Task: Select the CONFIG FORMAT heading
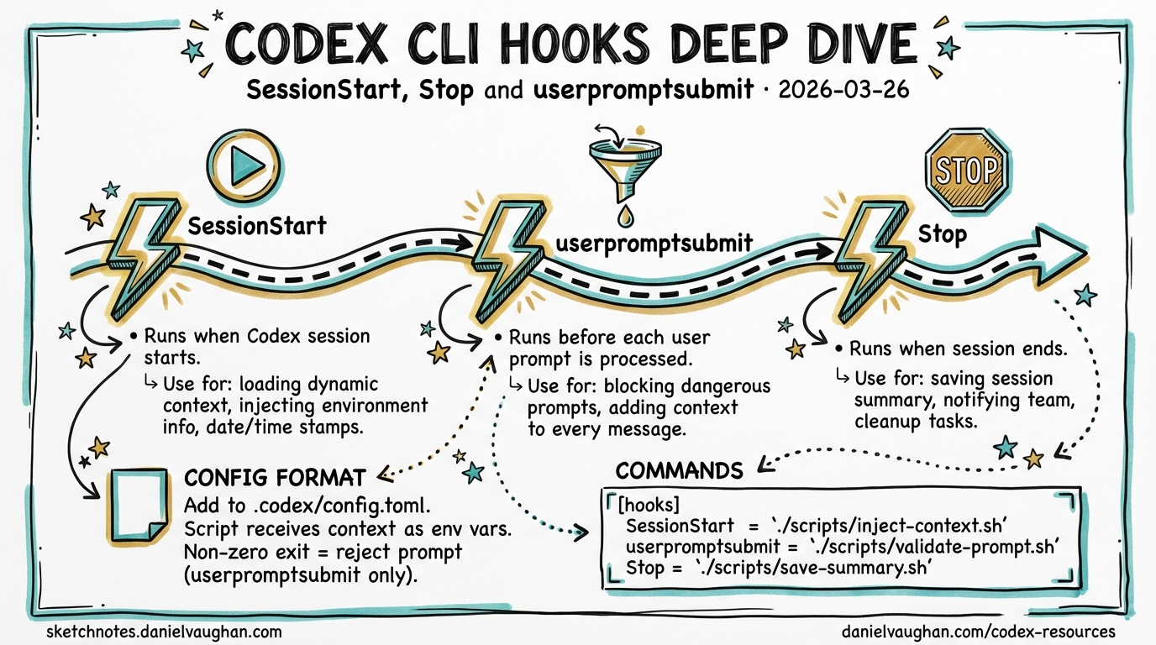(274, 478)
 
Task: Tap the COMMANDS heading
(680, 470)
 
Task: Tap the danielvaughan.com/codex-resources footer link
(978, 631)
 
